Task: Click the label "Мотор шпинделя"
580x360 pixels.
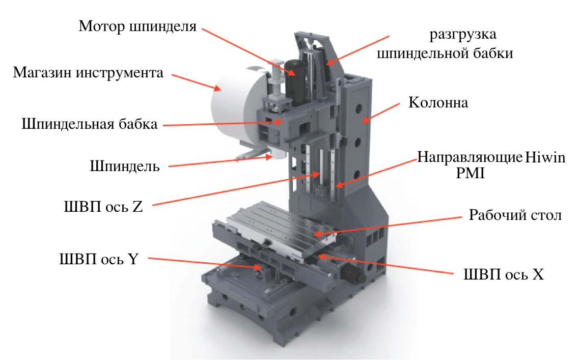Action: tap(137, 26)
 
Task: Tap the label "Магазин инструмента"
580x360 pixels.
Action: tap(88, 72)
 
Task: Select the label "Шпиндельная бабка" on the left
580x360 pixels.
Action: tap(90, 124)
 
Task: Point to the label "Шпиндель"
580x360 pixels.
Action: tap(125, 166)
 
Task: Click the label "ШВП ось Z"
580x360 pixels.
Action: tap(103, 206)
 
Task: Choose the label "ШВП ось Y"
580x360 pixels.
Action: tap(99, 259)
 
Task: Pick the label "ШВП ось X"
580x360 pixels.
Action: tap(504, 274)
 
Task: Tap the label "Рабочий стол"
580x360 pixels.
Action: tap(515, 215)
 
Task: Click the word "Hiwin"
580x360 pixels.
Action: tap(545, 158)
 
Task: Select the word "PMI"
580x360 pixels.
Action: tap(470, 173)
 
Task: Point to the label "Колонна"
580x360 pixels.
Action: tap(438, 102)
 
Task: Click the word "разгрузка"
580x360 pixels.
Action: tap(463, 35)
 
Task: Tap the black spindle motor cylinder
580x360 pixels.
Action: tap(295, 81)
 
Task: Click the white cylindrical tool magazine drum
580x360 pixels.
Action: tap(231, 107)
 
